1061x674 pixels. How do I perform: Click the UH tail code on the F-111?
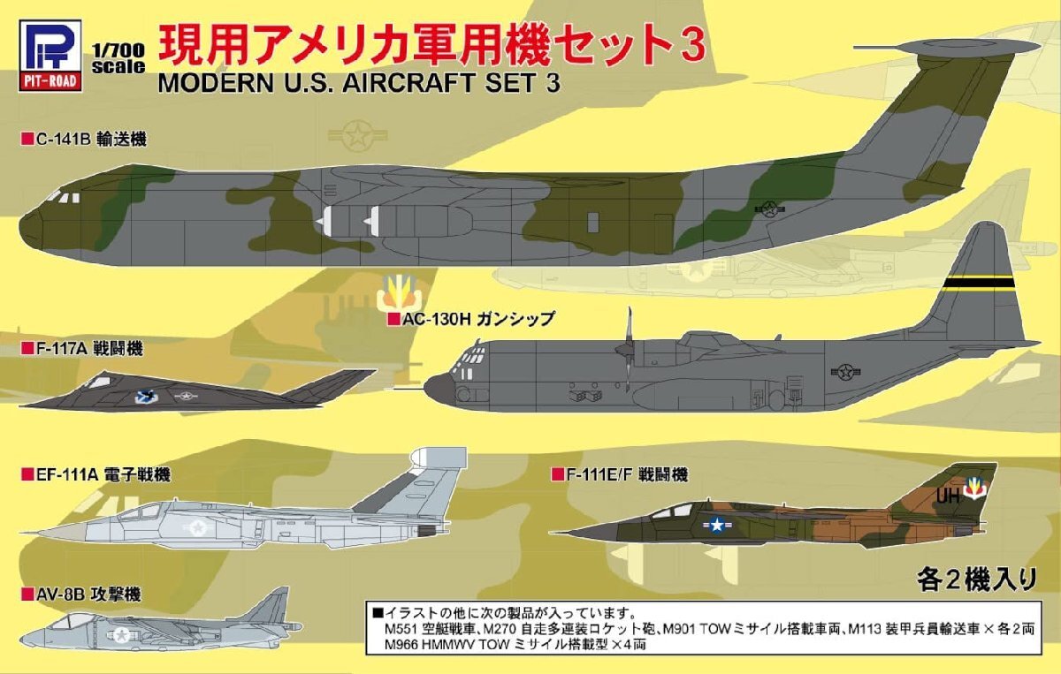(947, 496)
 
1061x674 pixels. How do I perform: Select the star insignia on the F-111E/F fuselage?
(716, 526)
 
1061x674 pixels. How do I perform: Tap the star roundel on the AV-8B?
(122, 634)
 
